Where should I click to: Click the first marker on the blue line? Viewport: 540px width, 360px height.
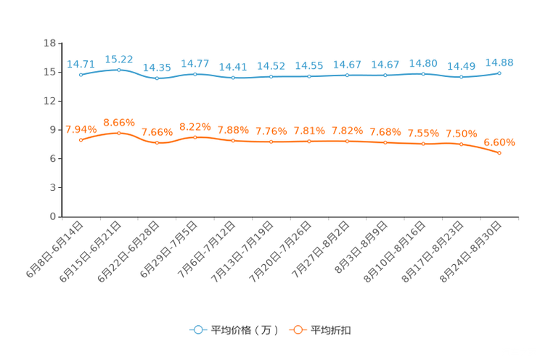pyautogui.click(x=80, y=74)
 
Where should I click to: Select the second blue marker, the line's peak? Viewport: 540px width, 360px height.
pyautogui.click(x=118, y=70)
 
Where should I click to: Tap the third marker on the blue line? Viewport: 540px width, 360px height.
pyautogui.click(x=157, y=78)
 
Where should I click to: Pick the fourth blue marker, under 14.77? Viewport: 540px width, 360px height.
pyautogui.click(x=195, y=73)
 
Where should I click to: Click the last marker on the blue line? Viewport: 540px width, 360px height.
pyautogui.click(x=500, y=73)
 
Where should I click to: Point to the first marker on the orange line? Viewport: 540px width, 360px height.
pyautogui.click(x=80, y=139)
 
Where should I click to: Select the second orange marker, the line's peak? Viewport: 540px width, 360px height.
pyautogui.click(x=118, y=132)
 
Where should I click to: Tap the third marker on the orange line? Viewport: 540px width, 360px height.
pyautogui.click(x=157, y=143)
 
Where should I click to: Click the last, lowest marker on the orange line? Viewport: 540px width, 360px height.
pyautogui.click(x=500, y=153)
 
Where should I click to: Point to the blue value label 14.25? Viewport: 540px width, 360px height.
pyautogui.click(x=157, y=67)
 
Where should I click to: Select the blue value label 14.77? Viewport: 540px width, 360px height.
pyautogui.click(x=195, y=63)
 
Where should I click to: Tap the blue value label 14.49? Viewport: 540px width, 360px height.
pyautogui.click(x=462, y=67)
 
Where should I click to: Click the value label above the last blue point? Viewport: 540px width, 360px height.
pyautogui.click(x=499, y=62)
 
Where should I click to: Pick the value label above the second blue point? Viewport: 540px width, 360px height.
pyautogui.click(x=118, y=59)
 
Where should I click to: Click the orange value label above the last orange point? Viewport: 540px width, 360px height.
pyautogui.click(x=499, y=141)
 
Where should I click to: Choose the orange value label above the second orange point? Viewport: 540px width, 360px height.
pyautogui.click(x=118, y=122)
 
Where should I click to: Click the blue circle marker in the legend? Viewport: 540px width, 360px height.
pyautogui.click(x=197, y=330)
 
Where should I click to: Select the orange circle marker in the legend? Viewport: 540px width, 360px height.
pyautogui.click(x=298, y=330)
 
